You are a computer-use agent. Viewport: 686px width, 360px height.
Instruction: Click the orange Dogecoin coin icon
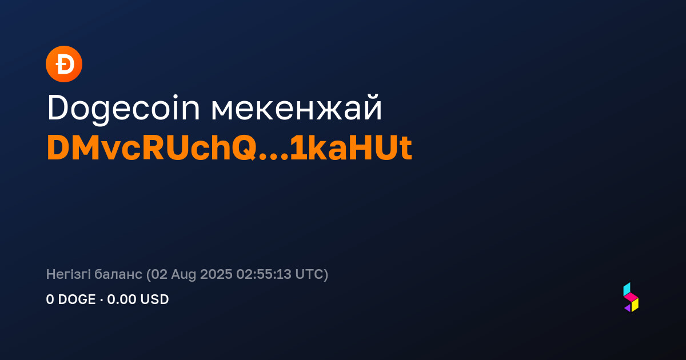(x=64, y=64)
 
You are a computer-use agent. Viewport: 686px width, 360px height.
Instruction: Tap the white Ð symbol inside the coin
(x=65, y=64)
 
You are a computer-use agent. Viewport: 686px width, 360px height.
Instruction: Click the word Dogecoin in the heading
(x=123, y=109)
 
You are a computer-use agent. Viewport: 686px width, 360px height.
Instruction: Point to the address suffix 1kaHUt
(x=351, y=148)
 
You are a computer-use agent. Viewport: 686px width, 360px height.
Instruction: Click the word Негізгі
(x=68, y=274)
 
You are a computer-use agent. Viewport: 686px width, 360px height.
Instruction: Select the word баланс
(x=118, y=274)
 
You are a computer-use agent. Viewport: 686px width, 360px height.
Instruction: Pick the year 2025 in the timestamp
(x=216, y=274)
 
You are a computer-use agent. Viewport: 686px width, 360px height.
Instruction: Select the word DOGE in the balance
(x=77, y=299)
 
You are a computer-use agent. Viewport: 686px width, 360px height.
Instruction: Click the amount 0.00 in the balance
(x=121, y=299)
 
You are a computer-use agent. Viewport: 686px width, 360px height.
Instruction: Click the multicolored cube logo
(x=631, y=297)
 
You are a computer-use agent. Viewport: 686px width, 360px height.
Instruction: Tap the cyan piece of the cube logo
(x=627, y=289)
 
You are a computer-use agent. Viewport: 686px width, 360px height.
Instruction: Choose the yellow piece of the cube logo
(x=635, y=305)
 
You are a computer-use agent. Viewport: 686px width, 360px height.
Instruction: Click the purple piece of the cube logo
(x=628, y=308)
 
